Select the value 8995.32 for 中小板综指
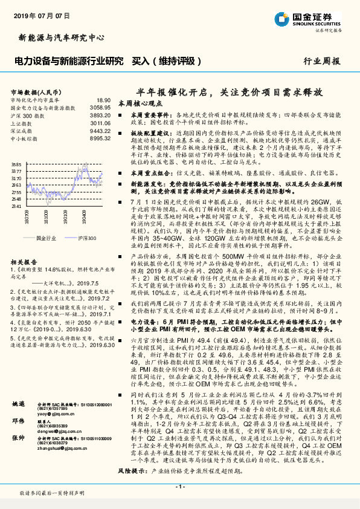99,138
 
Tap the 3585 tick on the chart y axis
16,164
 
